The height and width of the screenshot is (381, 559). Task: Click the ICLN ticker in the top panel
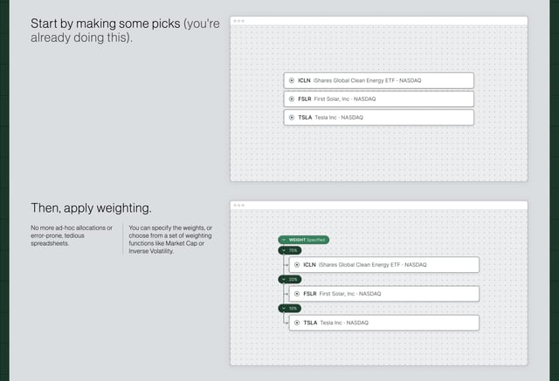pyautogui.click(x=305, y=80)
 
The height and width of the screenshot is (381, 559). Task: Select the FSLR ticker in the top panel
pyautogui.click(x=305, y=99)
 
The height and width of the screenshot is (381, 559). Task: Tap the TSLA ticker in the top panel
pyautogui.click(x=305, y=117)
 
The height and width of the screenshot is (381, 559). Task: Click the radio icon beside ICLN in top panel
pyautogui.click(x=292, y=80)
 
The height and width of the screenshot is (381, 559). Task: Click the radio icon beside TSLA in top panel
pyautogui.click(x=292, y=117)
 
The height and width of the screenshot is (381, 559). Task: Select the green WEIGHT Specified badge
pyautogui.click(x=303, y=240)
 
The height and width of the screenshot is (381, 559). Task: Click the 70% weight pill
pyautogui.click(x=289, y=250)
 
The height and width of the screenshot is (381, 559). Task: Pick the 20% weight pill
pyautogui.click(x=289, y=280)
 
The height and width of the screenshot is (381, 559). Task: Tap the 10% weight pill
pyautogui.click(x=289, y=309)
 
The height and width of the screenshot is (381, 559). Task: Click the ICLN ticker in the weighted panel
pyautogui.click(x=310, y=264)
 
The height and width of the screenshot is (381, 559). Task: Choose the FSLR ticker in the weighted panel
pyautogui.click(x=310, y=294)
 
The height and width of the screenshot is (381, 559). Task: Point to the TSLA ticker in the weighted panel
pyautogui.click(x=310, y=323)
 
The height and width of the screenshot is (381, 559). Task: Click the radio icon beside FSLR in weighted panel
pyautogui.click(x=297, y=294)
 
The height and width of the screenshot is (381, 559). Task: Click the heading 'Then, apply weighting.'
pyautogui.click(x=91, y=208)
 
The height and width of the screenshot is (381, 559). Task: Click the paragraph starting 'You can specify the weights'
pyautogui.click(x=168, y=240)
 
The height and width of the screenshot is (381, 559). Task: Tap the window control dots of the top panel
pyautogui.click(x=238, y=20)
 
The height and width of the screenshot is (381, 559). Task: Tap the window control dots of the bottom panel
pyautogui.click(x=238, y=206)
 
